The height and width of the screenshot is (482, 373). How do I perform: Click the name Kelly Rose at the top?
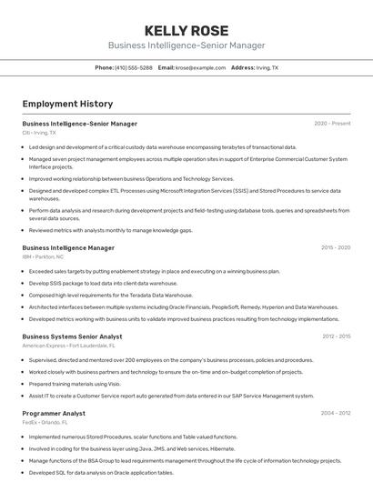(x=186, y=30)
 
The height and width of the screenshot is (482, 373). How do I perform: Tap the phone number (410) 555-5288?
(x=134, y=67)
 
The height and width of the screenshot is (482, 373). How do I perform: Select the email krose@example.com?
(x=200, y=67)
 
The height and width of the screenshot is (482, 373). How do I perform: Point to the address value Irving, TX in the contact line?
(x=267, y=67)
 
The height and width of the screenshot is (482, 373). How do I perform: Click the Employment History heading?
(x=67, y=104)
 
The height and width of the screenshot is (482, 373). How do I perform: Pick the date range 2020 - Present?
(x=332, y=124)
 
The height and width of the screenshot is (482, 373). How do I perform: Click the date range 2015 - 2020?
(x=336, y=247)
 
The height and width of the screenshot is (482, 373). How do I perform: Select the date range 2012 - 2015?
(x=336, y=336)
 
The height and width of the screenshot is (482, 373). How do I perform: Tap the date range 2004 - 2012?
(x=336, y=413)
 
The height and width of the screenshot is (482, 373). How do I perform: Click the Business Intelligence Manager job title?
(x=68, y=247)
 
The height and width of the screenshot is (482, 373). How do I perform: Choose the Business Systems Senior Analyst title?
(x=72, y=336)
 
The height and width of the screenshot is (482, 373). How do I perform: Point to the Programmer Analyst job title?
(x=54, y=413)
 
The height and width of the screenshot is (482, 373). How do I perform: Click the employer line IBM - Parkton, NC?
(x=43, y=256)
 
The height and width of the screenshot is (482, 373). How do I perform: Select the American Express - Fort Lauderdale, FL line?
(x=68, y=346)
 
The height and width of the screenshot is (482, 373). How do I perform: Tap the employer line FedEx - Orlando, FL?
(x=46, y=422)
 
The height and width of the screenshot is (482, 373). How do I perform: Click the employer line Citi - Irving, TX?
(x=39, y=133)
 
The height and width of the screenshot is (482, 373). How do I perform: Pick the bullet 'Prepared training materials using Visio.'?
(x=75, y=384)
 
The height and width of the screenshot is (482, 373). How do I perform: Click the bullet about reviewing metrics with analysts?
(x=110, y=230)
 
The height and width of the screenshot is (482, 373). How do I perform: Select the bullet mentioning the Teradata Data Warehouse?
(x=110, y=295)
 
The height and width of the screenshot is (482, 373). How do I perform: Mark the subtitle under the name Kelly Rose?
(x=186, y=45)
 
